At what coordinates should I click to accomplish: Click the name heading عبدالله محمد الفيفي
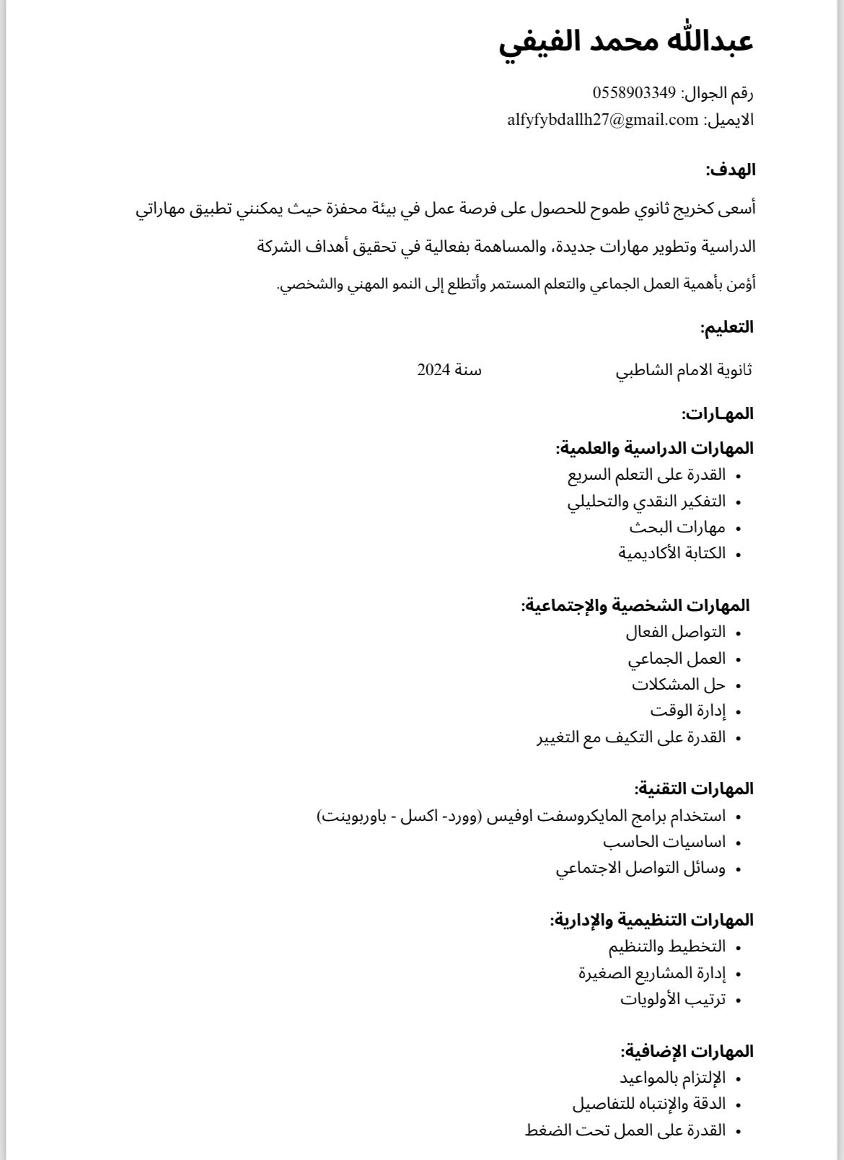[x=626, y=42]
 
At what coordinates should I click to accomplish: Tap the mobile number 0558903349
[x=634, y=93]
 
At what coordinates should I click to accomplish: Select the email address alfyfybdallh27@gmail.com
[x=603, y=120]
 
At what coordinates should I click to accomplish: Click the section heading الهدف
[x=730, y=170]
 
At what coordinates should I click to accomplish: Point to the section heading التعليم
[x=726, y=328]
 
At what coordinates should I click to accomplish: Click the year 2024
[x=434, y=370]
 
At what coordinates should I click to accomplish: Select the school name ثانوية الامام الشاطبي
[x=684, y=371]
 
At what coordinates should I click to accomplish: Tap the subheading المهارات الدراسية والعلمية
[x=654, y=448]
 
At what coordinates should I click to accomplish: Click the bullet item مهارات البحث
[x=677, y=527]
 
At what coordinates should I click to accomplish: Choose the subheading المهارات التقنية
[x=694, y=788]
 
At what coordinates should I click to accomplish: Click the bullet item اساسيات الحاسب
[x=664, y=842]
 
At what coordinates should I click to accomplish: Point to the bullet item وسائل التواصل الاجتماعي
[x=641, y=869]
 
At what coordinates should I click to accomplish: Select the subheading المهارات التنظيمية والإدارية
[x=651, y=920]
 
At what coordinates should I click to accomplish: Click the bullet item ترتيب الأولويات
[x=673, y=999]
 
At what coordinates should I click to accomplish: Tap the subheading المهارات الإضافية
[x=687, y=1051]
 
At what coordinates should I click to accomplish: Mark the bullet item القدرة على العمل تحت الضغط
[x=625, y=1130]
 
